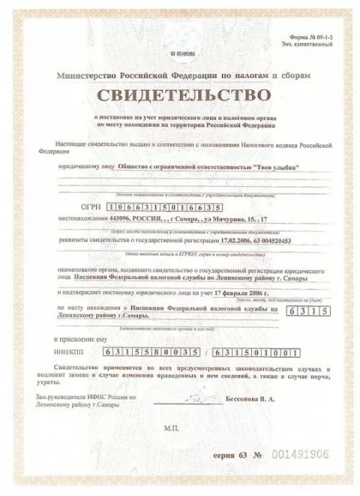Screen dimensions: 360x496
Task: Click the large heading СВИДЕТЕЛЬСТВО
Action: (x=180, y=95)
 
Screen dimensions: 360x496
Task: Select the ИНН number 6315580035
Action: (x=148, y=351)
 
